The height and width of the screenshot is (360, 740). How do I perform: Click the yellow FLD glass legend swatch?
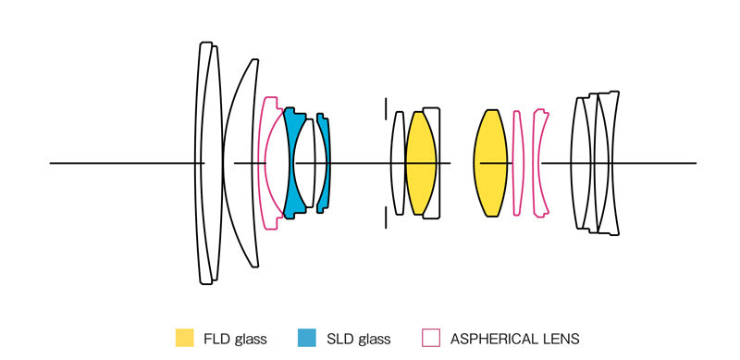point(184,338)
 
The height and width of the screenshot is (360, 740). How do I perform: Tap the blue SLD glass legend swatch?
point(307,338)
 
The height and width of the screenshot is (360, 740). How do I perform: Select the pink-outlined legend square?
point(430,338)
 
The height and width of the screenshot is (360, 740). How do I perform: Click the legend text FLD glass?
point(235,339)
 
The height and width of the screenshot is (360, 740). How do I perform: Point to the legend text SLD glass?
point(358,339)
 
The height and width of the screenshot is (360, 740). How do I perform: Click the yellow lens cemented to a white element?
point(420,163)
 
